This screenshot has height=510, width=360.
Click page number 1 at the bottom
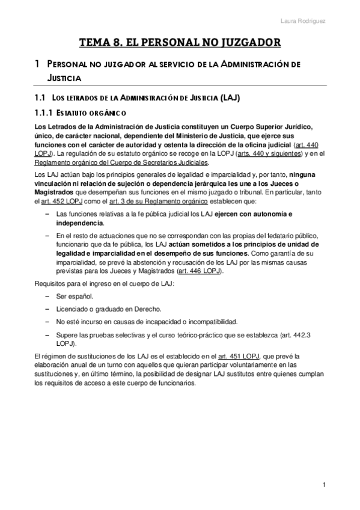tap(323, 485)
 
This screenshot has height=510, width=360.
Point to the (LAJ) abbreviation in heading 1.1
tap(232, 97)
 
